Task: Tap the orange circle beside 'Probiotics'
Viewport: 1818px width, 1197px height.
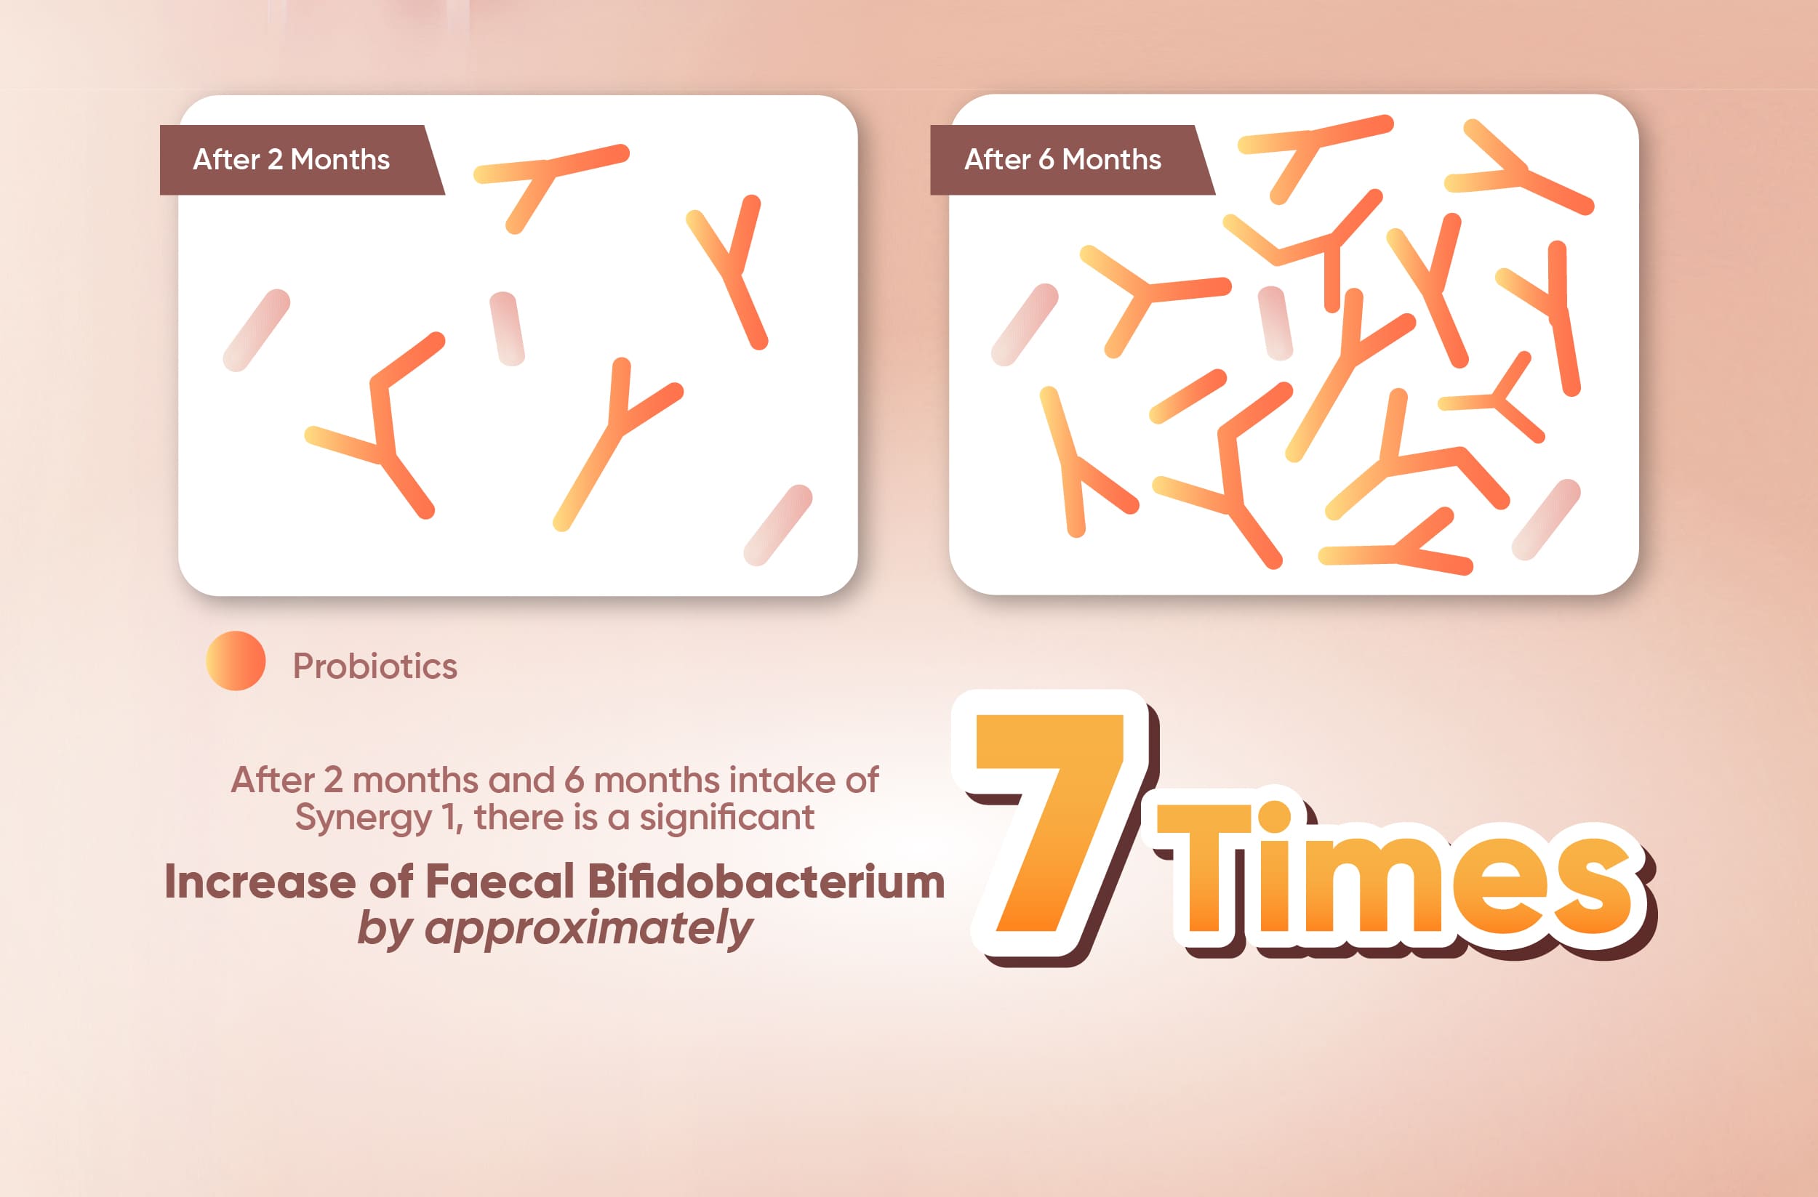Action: coord(236,661)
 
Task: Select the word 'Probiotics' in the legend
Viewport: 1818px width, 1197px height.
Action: coord(375,666)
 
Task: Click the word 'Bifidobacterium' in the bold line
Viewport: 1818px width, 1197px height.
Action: coord(767,881)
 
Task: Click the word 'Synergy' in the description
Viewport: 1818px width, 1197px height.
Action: coord(364,818)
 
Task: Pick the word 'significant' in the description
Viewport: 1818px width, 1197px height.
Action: coord(726,818)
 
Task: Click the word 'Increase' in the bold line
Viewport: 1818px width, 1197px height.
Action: coord(260,881)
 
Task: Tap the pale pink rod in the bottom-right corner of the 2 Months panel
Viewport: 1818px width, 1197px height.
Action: coord(778,525)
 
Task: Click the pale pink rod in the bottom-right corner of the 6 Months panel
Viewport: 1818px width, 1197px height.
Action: coord(1546,520)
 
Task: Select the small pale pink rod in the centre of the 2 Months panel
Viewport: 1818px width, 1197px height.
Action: coord(507,329)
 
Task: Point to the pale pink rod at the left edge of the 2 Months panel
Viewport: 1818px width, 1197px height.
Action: coord(257,331)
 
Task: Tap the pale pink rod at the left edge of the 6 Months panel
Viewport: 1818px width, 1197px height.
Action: coord(1025,325)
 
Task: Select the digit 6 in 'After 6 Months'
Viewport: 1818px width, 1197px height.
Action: coord(1046,160)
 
